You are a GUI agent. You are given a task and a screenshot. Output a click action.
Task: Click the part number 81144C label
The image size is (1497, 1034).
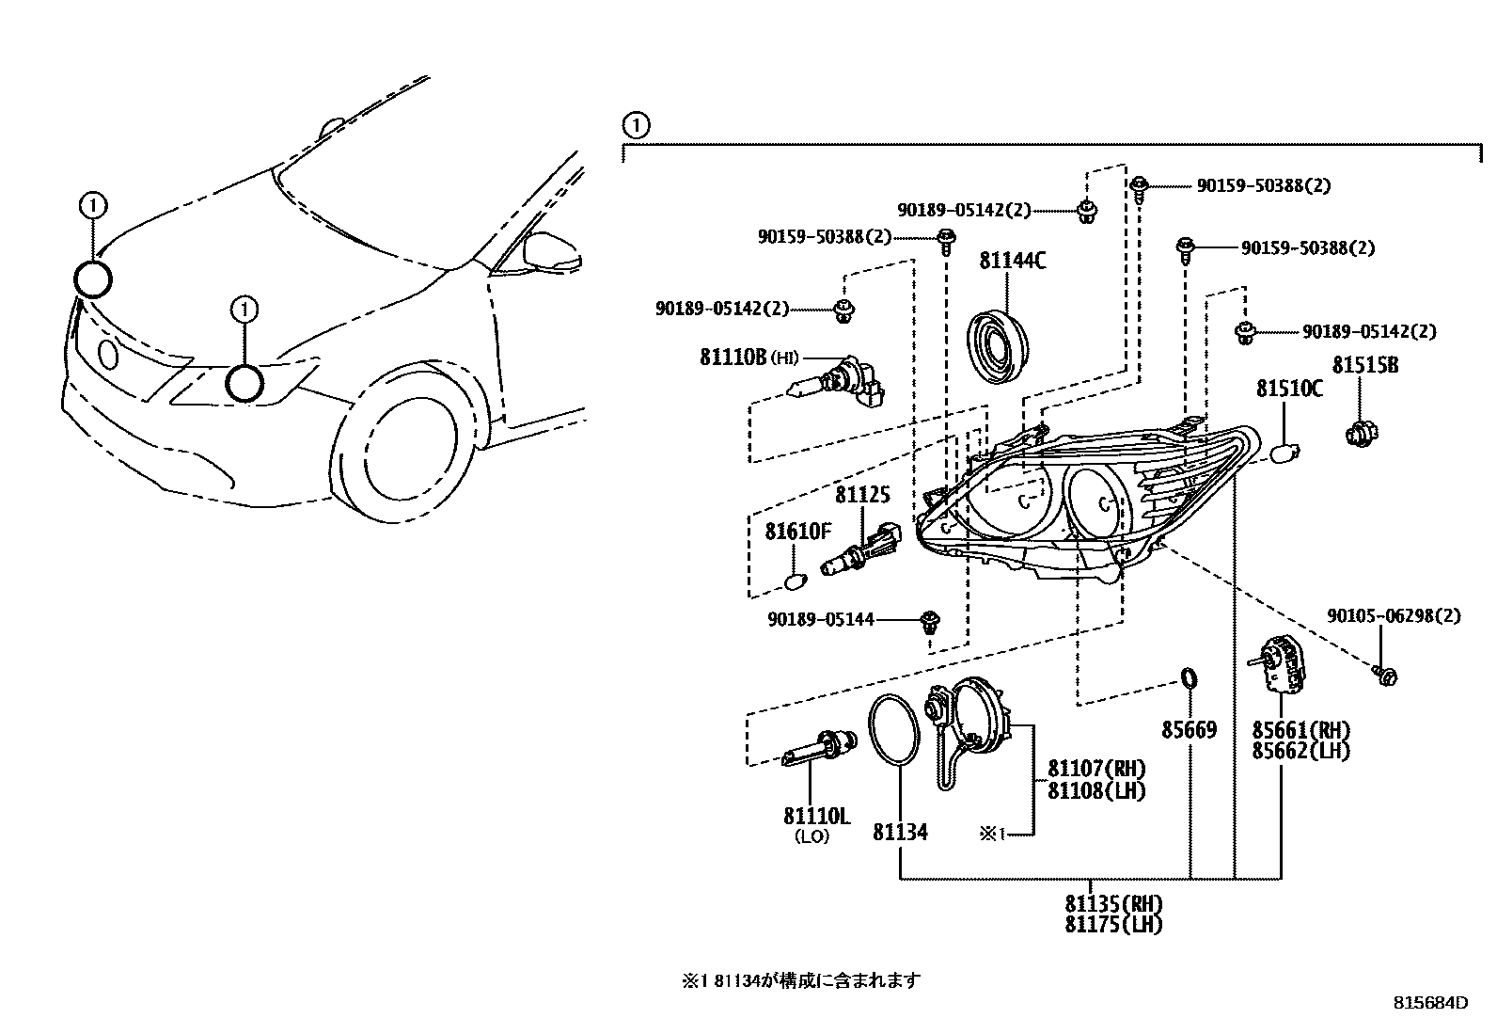tap(1012, 261)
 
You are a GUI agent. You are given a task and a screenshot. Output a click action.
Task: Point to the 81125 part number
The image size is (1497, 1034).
tap(862, 495)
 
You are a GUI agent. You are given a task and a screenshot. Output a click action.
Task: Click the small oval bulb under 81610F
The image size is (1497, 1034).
tap(796, 581)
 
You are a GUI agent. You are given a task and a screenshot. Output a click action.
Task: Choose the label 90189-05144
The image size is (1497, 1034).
tap(821, 619)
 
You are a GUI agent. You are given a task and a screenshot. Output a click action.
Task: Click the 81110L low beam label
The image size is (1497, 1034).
tap(816, 817)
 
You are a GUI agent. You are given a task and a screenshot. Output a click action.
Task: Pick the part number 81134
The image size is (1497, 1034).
tap(900, 832)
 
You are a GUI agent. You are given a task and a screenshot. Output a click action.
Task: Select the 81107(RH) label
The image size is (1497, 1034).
tap(1096, 769)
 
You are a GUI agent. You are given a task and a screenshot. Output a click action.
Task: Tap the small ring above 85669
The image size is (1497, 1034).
tap(1189, 677)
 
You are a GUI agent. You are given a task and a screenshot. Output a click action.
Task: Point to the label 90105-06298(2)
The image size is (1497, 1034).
tap(1394, 616)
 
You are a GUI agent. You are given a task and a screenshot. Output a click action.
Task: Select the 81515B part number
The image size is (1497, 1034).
tap(1364, 365)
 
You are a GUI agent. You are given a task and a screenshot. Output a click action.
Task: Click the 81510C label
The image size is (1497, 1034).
tap(1289, 388)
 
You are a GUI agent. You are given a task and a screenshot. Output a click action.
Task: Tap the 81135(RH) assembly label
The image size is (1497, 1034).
tap(1113, 903)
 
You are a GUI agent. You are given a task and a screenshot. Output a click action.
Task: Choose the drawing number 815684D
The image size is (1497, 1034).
tap(1429, 1003)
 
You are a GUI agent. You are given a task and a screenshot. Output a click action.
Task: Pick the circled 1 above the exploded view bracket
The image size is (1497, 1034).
tap(636, 125)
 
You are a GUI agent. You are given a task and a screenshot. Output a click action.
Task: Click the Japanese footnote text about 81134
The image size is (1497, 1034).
tap(801, 980)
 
